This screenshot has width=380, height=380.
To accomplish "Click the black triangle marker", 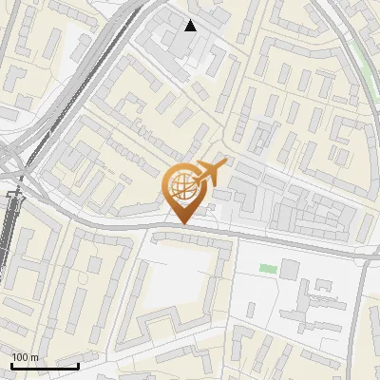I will (191, 26).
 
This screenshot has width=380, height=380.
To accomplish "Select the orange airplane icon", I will (210, 173).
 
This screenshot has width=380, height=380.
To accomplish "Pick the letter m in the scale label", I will (34, 357).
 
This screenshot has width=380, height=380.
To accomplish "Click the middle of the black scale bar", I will (45, 366).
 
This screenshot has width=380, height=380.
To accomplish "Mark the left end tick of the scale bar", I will (11, 365).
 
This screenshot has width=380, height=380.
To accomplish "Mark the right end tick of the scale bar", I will (78, 365).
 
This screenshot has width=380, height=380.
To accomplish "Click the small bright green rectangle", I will (268, 270).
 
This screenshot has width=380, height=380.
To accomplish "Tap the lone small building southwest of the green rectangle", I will (253, 306).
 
